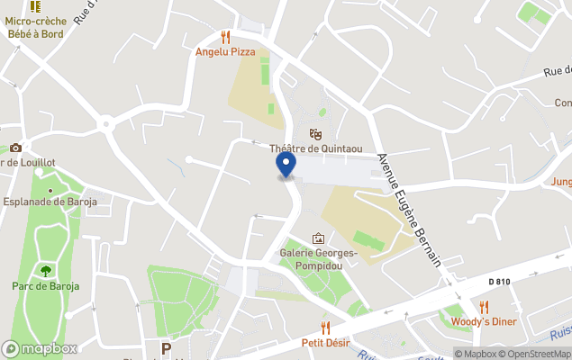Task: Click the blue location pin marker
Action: tap(286, 165)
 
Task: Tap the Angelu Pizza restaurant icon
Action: tap(225, 37)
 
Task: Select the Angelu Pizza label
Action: tap(225, 52)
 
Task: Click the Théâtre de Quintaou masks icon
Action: tap(315, 133)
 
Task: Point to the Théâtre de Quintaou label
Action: tap(315, 148)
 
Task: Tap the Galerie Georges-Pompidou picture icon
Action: tap(318, 238)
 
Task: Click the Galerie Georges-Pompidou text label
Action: tap(318, 259)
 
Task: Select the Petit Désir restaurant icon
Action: tap(326, 328)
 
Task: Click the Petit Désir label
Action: tap(326, 343)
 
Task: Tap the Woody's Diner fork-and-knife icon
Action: tap(484, 307)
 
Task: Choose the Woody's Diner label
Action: tap(484, 322)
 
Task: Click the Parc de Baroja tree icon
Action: tap(45, 270)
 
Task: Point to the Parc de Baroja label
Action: tap(45, 286)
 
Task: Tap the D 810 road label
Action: tap(501, 282)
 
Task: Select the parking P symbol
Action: tap(165, 348)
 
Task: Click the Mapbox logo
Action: tap(40, 348)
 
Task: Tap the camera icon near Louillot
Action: tap(15, 148)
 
